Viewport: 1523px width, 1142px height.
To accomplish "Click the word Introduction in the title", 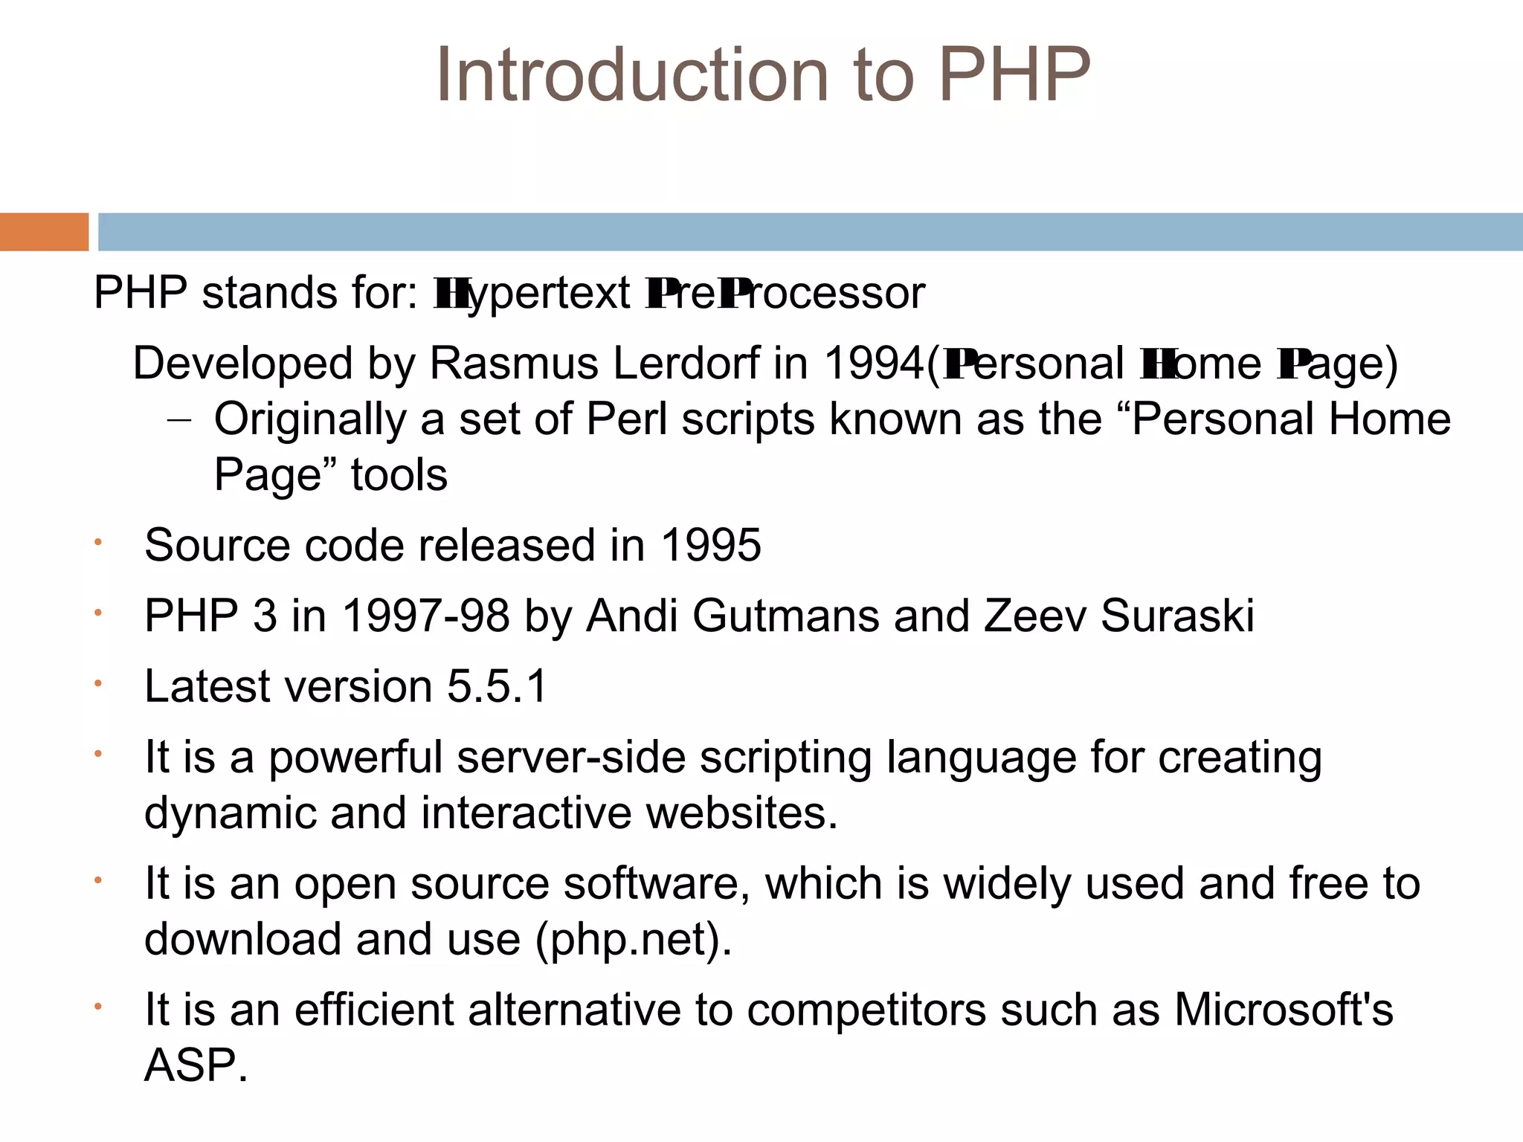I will [632, 74].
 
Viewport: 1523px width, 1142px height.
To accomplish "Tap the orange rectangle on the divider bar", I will [44, 232].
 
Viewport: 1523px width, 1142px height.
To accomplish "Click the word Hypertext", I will [532, 293].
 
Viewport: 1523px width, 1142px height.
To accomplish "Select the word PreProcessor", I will [785, 293].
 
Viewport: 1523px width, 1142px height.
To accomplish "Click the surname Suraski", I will [1177, 616].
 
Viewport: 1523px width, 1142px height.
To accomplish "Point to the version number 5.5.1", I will [497, 685].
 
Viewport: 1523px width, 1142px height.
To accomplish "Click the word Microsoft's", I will [1284, 1010].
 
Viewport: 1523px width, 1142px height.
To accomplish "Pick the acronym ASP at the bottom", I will [190, 1065].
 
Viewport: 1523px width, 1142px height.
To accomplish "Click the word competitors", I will [866, 1010].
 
